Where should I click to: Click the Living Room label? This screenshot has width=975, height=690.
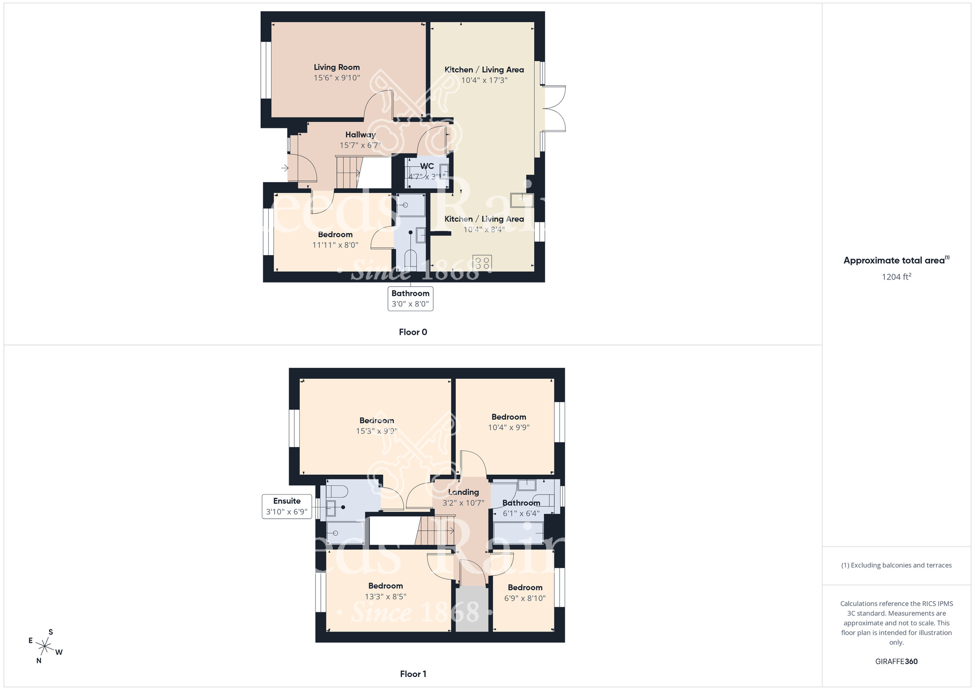click(x=336, y=67)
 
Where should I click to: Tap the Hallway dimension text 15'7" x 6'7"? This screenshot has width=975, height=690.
click(x=360, y=145)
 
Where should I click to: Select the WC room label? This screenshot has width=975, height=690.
click(x=427, y=166)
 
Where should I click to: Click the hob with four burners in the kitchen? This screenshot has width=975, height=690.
click(x=482, y=264)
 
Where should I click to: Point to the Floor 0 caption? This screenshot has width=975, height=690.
click(x=412, y=332)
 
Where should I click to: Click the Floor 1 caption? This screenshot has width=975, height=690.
click(x=412, y=674)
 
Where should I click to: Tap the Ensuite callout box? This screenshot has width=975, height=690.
click(x=287, y=507)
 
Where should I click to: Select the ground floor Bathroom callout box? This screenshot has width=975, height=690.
click(x=410, y=299)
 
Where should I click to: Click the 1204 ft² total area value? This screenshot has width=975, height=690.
click(x=896, y=277)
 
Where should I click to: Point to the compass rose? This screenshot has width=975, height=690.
click(x=45, y=647)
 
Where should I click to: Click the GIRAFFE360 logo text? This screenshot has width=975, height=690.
click(x=896, y=662)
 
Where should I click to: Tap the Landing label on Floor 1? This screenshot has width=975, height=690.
click(x=463, y=492)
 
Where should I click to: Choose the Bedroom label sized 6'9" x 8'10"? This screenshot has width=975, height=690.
click(x=525, y=588)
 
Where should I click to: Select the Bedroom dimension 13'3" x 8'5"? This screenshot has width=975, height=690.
click(x=385, y=597)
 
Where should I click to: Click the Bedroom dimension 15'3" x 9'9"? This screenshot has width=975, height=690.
click(x=376, y=431)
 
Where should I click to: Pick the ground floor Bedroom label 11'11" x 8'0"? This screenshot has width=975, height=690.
click(x=335, y=235)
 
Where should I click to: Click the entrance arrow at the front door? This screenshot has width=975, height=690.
click(x=285, y=168)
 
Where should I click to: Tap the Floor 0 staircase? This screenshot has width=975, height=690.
click(x=349, y=172)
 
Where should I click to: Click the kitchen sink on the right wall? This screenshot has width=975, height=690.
click(x=522, y=200)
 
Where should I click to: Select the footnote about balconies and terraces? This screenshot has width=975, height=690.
click(x=896, y=566)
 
